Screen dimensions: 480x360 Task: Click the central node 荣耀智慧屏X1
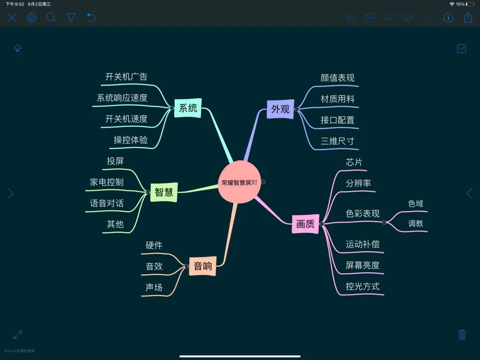click(x=239, y=182)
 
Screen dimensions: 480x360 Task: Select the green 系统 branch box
click(x=188, y=108)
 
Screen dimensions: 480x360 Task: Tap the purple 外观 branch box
click(x=280, y=109)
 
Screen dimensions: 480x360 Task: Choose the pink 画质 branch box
click(x=305, y=224)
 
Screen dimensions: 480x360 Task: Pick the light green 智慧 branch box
click(x=164, y=192)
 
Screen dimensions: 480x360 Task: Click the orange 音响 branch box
click(x=203, y=266)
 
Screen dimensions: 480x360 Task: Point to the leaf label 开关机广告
click(x=126, y=77)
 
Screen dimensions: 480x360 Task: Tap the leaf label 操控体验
click(x=131, y=140)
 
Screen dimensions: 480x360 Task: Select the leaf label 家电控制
click(x=107, y=182)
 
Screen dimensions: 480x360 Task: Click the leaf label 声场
click(x=154, y=288)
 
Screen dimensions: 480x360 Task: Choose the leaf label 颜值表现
click(x=337, y=78)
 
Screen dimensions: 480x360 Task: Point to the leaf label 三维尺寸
click(x=337, y=141)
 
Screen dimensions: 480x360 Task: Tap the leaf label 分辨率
click(x=358, y=184)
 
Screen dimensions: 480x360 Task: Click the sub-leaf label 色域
click(x=416, y=204)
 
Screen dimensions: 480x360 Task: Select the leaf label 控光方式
click(x=363, y=287)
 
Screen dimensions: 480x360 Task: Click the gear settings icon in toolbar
click(x=32, y=18)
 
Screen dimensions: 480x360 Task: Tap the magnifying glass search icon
click(x=51, y=18)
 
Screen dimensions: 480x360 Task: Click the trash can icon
click(x=462, y=334)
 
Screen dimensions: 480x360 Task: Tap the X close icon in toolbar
click(x=12, y=18)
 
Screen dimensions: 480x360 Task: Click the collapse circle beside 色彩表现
click(x=384, y=222)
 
